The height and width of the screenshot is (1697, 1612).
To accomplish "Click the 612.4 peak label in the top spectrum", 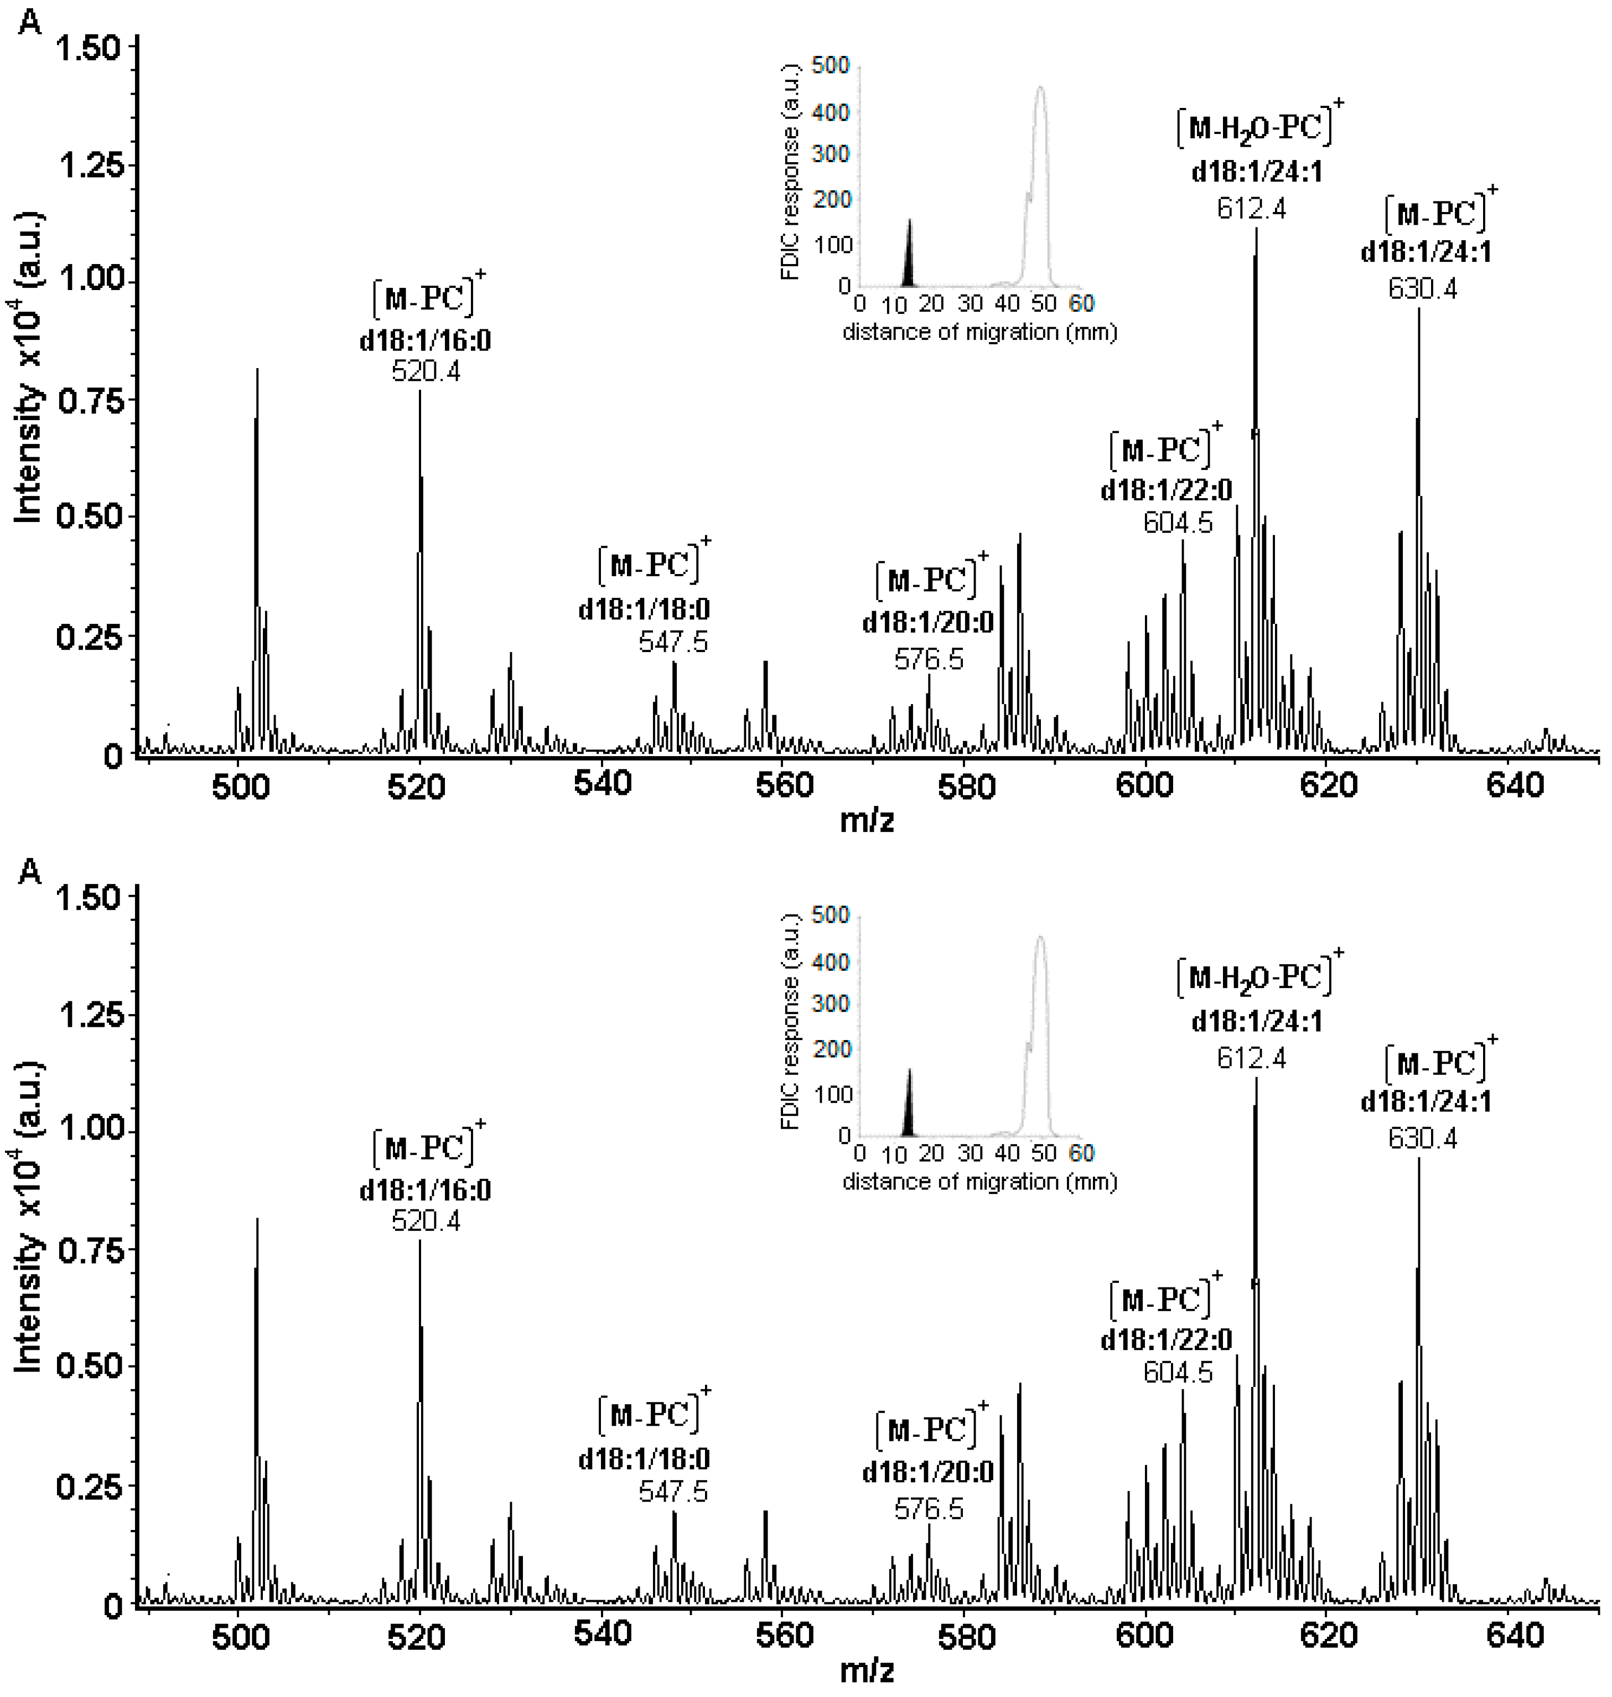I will (1251, 209).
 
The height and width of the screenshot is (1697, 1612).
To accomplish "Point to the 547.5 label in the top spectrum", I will (673, 642).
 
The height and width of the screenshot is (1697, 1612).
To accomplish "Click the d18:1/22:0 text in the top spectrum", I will (1166, 490).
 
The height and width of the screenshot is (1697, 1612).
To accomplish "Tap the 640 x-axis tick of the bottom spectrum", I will (1515, 1635).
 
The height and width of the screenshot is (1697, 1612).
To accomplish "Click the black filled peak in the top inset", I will (909, 262).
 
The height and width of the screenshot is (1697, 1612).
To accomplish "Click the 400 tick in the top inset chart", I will (832, 112).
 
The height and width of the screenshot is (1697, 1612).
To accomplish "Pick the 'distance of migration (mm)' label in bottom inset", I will (979, 1182).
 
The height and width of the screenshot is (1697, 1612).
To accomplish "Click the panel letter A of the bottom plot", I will (29, 872).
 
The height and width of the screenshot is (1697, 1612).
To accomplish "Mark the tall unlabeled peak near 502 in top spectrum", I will (257, 515).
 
